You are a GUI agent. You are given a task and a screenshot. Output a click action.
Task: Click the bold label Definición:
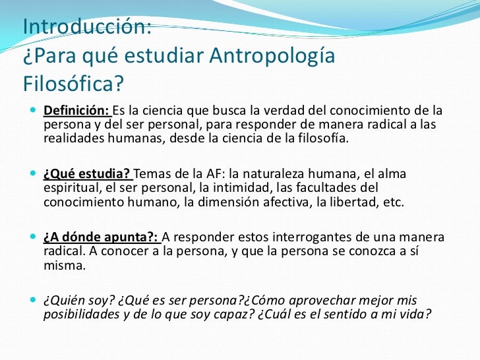pyautogui.click(x=76, y=109)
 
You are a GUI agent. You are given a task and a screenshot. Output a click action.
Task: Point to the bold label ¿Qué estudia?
pyautogui.click(x=88, y=174)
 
